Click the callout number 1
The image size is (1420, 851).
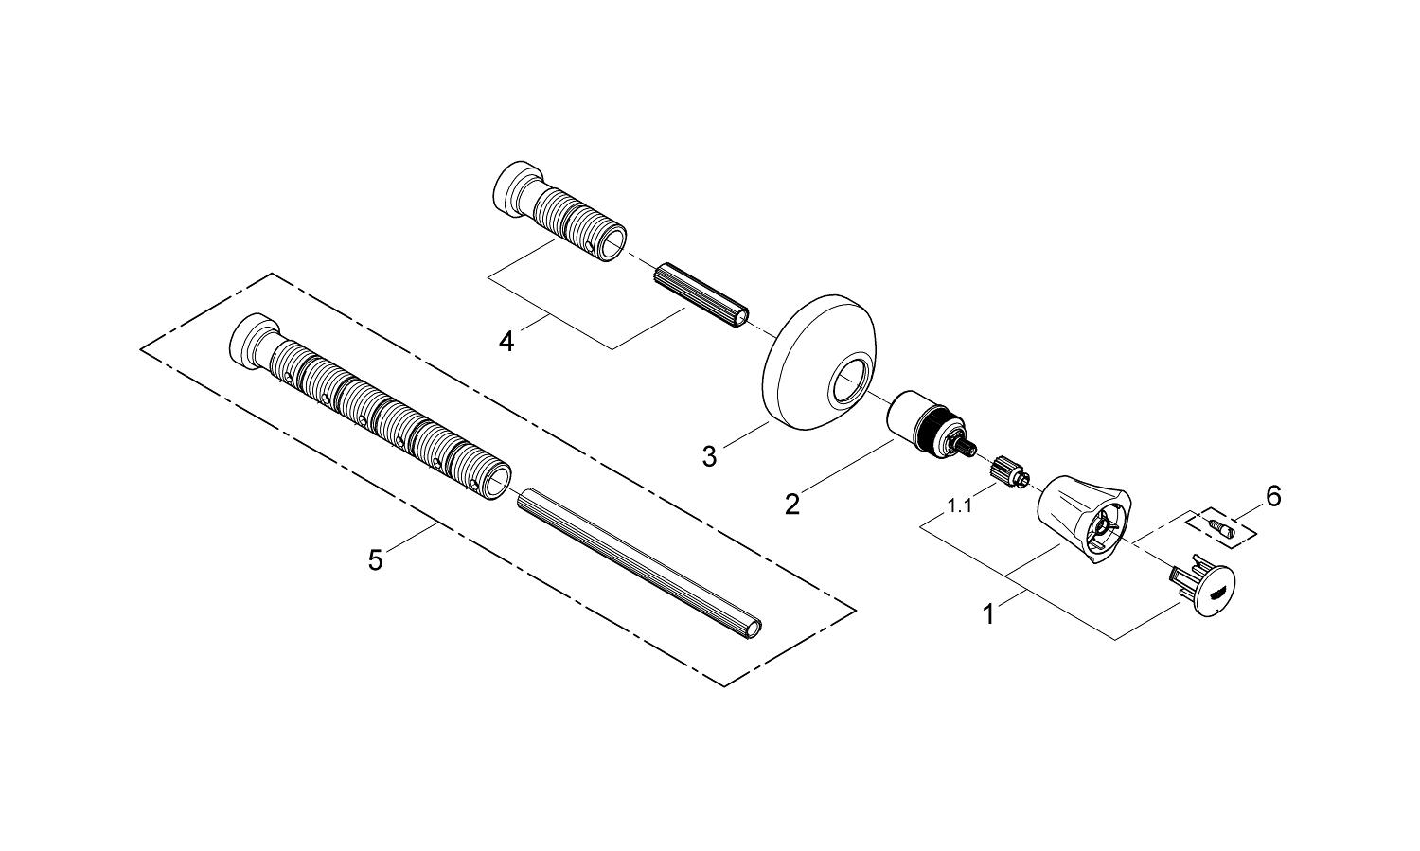click(x=988, y=614)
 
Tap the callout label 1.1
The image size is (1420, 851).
click(x=960, y=506)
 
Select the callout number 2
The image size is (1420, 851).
click(x=791, y=504)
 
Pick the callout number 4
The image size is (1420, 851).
click(x=507, y=340)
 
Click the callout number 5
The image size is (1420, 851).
click(x=376, y=560)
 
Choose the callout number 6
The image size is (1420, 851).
click(x=1273, y=495)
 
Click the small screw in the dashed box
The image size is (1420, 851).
click(x=1221, y=525)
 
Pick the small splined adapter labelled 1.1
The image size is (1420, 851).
click(x=1010, y=470)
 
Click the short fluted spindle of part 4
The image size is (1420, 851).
click(x=702, y=293)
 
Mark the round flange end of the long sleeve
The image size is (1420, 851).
click(x=247, y=342)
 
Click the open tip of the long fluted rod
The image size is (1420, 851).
click(x=754, y=629)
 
